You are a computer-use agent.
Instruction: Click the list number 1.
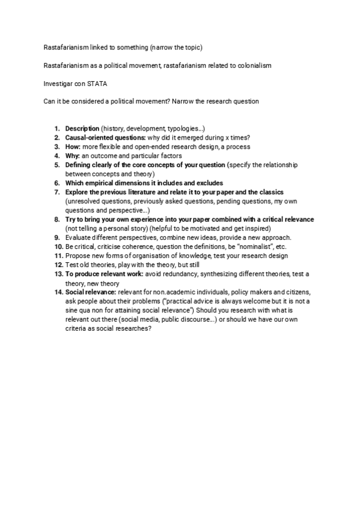tap(57, 129)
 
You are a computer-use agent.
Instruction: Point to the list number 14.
tap(58, 292)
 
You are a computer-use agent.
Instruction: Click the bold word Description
tap(82, 129)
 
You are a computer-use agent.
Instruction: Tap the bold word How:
tap(72, 147)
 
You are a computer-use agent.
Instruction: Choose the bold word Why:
tap(72, 156)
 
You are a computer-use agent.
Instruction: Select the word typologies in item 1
tap(183, 129)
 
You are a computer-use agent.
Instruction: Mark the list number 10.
tap(58, 247)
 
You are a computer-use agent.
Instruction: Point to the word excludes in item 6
tap(209, 183)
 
